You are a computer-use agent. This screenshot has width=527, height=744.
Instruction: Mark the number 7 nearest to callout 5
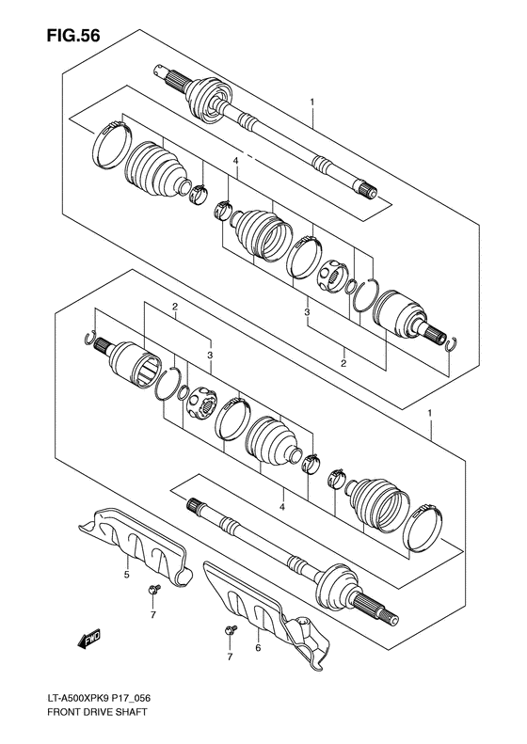pyautogui.click(x=152, y=615)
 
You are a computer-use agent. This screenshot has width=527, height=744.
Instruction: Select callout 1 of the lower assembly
pyautogui.click(x=430, y=414)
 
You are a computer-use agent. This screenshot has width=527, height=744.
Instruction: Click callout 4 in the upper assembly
pyautogui.click(x=236, y=161)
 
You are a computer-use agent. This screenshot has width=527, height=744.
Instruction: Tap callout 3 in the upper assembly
pyautogui.click(x=307, y=311)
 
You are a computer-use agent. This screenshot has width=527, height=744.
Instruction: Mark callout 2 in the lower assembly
pyautogui.click(x=175, y=308)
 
